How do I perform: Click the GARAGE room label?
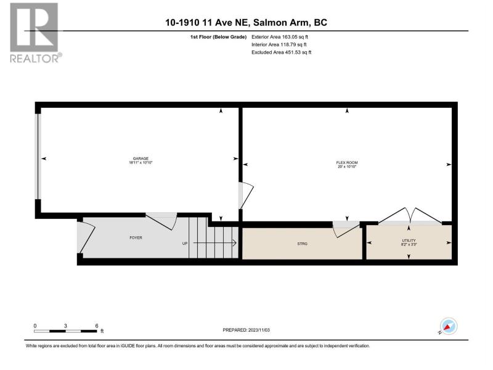coord(141,158)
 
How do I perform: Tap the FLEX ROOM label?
coord(347,163)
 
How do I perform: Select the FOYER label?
coord(136,238)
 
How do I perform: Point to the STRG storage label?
coord(302,244)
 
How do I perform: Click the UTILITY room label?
coord(409,240)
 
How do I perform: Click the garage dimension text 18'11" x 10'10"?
coord(141,163)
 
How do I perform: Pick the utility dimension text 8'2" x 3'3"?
coord(409,244)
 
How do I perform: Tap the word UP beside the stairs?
coord(185,244)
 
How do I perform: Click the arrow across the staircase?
coord(214,243)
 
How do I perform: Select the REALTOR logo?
coord(36,33)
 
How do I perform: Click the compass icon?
coord(449,326)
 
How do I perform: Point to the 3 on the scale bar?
coord(65,326)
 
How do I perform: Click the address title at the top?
coord(246,23)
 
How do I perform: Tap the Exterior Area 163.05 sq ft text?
coord(280,37)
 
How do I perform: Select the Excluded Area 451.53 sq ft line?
coord(282,52)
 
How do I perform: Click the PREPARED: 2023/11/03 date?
coord(246,330)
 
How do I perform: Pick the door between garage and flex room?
coord(245,195)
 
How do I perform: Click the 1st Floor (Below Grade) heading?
coord(218,37)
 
